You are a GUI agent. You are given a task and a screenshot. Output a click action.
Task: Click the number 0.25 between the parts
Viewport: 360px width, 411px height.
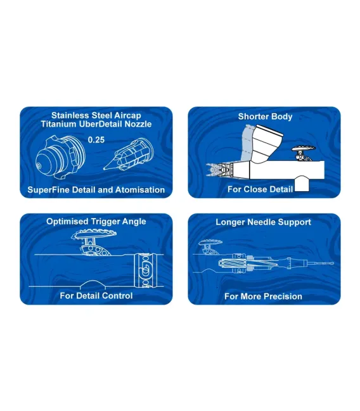click(x=96, y=140)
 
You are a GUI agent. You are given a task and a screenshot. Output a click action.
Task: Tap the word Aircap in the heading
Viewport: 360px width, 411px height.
click(x=127, y=116)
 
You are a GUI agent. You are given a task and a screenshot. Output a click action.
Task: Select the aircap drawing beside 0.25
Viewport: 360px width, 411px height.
click(x=60, y=157)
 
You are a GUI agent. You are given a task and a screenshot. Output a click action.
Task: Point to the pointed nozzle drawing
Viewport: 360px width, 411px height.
click(x=129, y=155)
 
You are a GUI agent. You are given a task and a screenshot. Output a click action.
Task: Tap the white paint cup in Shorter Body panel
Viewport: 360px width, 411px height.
click(x=267, y=143)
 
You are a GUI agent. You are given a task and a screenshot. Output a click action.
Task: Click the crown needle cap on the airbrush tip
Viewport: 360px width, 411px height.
click(x=213, y=170)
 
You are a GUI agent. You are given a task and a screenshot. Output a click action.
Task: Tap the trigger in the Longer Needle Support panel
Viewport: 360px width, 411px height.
click(x=210, y=246)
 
